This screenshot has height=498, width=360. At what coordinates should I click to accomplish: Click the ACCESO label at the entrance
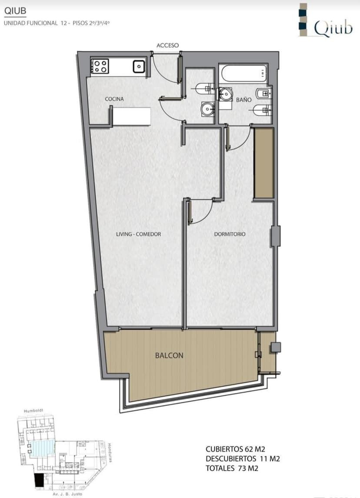point(168,45)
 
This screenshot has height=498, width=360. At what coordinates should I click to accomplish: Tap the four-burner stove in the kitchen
point(100,67)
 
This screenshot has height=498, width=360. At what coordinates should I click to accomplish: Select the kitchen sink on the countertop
point(139,67)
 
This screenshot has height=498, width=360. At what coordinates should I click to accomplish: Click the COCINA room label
point(114,99)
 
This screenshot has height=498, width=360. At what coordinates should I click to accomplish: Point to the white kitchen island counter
point(132,116)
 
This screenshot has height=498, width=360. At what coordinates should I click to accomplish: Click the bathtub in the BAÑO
point(243,74)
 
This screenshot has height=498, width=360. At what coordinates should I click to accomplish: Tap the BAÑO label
point(244,100)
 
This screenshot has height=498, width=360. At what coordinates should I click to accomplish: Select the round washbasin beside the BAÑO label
point(226,94)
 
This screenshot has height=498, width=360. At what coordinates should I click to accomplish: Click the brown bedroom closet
point(264,163)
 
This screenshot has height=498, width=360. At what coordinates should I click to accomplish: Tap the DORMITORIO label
point(230,234)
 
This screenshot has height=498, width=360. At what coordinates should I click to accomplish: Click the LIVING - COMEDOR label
point(138,234)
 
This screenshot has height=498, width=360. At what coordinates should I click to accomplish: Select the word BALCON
point(169,355)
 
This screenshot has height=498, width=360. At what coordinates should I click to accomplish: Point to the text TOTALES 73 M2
point(232,468)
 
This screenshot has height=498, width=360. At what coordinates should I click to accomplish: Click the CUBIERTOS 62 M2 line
point(235,449)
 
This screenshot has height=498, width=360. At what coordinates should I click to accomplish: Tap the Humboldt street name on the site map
point(33,411)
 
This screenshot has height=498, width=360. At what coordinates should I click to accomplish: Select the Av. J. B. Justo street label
point(67,494)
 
